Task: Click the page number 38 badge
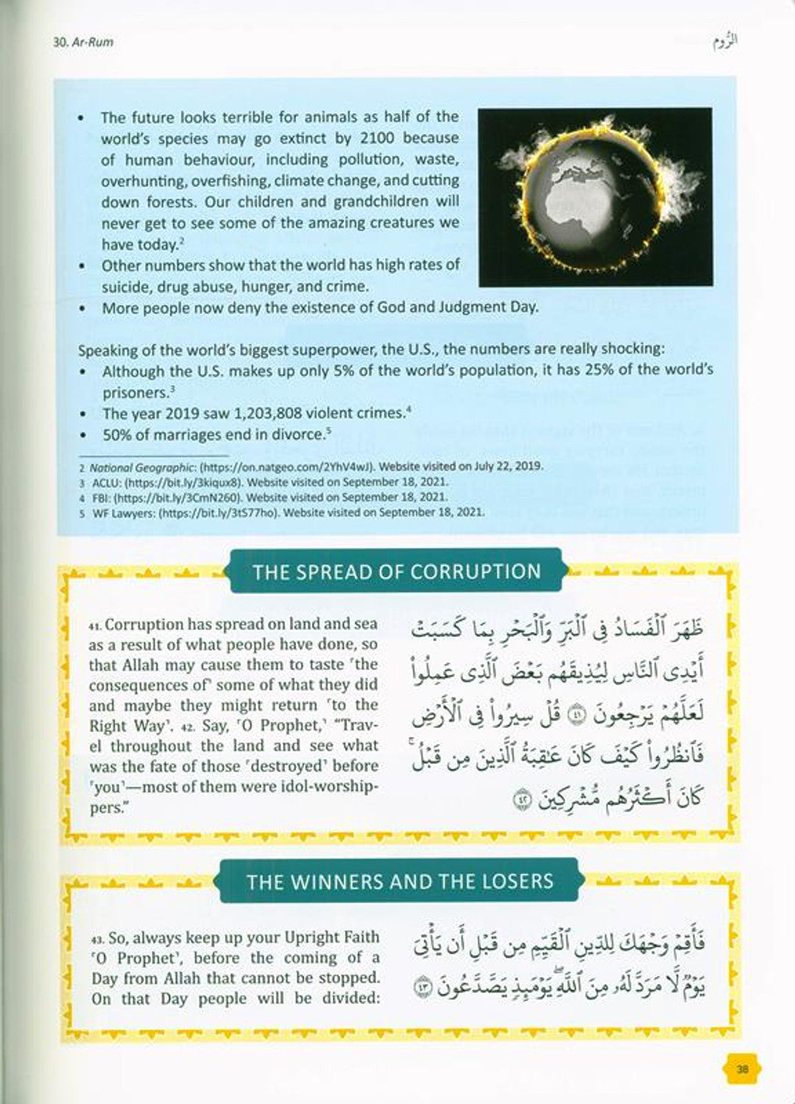(x=742, y=1069)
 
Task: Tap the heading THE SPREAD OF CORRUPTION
(x=396, y=572)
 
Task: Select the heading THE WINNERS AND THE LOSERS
(x=400, y=882)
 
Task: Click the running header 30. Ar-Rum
(x=83, y=43)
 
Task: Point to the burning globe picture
(x=595, y=197)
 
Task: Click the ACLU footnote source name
(x=101, y=482)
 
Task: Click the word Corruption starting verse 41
(x=144, y=625)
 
